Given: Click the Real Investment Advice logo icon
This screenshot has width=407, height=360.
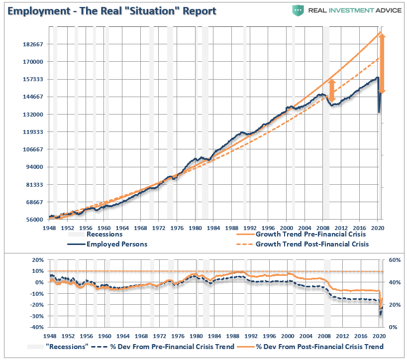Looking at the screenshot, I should pos(298,10).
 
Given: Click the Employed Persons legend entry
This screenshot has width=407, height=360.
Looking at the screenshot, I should pos(117,244).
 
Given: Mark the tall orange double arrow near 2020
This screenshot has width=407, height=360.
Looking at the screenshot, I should pos(382,62).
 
